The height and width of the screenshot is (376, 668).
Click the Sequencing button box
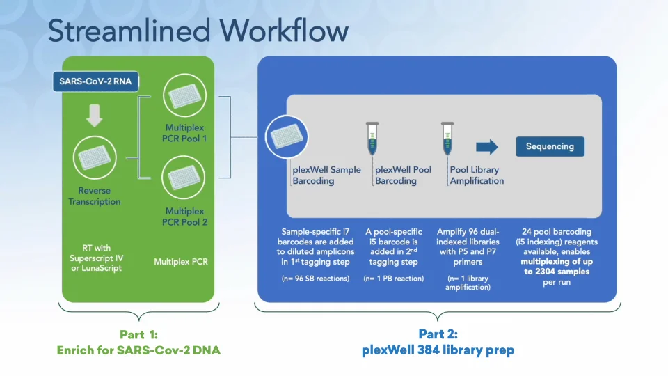point(550,146)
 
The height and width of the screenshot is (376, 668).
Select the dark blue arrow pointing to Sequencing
point(487,146)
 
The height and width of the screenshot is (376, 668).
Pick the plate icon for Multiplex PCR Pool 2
point(184,179)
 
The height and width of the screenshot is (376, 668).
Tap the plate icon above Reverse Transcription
point(95,158)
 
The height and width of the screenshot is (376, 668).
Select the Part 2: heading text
point(438,334)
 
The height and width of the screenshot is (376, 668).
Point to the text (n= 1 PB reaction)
point(393,279)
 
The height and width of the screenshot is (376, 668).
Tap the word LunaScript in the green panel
point(102,268)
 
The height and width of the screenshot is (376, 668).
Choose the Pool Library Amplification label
point(477,175)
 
